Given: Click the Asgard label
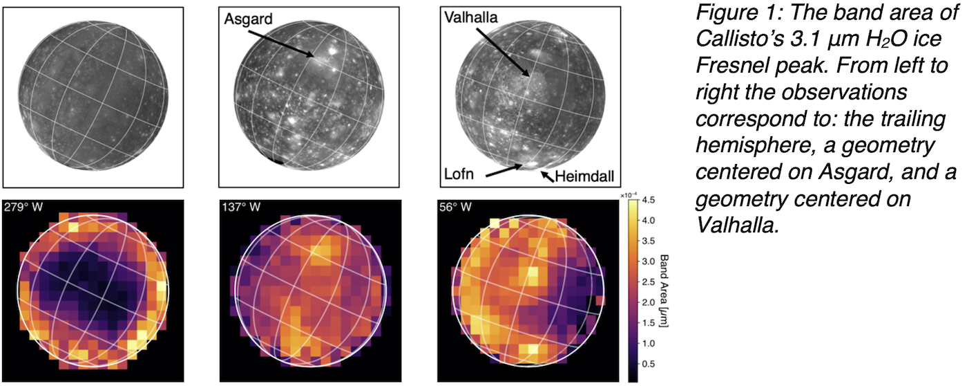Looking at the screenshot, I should click(x=245, y=21).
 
